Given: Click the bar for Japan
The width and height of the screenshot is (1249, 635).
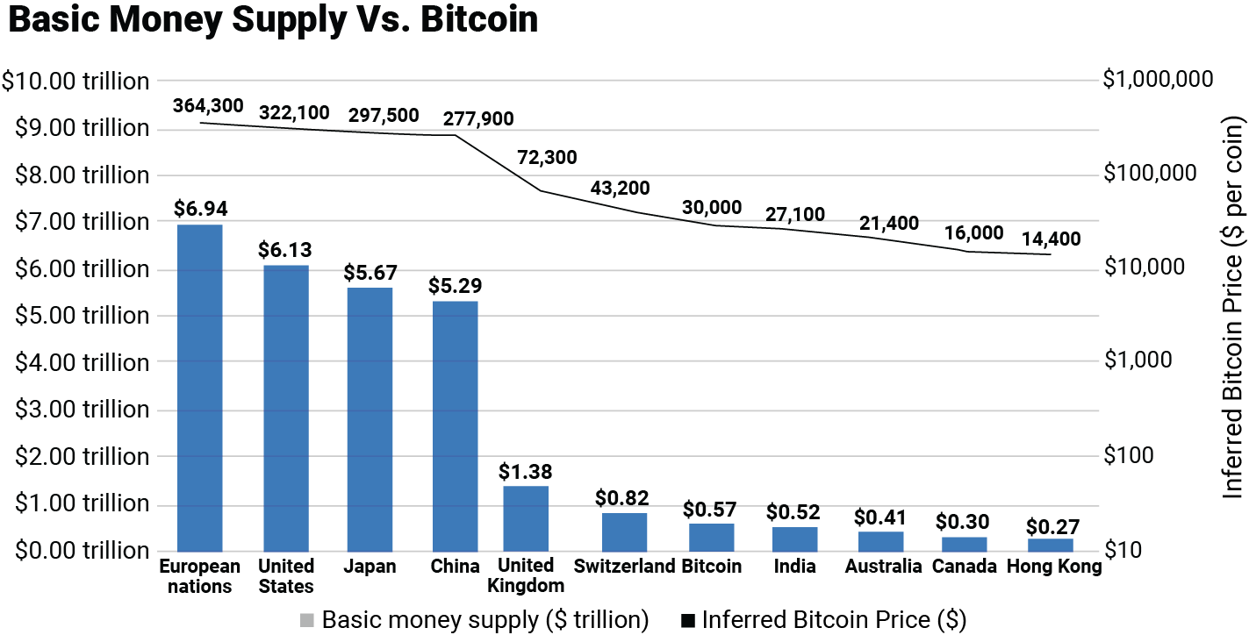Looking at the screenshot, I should (x=370, y=419).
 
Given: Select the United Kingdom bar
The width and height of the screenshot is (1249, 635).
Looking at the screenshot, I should (x=526, y=518).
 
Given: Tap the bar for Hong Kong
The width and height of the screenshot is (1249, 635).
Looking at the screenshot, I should (x=1050, y=545).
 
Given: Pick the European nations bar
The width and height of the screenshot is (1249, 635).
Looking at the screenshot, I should (x=199, y=388).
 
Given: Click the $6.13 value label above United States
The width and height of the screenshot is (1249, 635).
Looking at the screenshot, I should (x=284, y=250).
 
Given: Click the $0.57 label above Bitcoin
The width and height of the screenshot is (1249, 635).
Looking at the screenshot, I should (x=710, y=509).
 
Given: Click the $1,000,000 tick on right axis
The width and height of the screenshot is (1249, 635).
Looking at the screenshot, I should (x=1158, y=79).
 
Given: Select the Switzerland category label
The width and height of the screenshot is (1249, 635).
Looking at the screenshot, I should (x=624, y=566).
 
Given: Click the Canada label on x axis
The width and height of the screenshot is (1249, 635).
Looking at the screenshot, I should (x=964, y=566).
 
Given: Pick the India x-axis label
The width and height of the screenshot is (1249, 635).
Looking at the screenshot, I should (x=794, y=566).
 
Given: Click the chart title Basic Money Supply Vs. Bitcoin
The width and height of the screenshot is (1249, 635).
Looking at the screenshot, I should (x=273, y=21).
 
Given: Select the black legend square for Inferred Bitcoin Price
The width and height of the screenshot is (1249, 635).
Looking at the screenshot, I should (x=688, y=620).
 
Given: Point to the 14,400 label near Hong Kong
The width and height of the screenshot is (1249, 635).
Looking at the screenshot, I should (x=1051, y=238).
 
